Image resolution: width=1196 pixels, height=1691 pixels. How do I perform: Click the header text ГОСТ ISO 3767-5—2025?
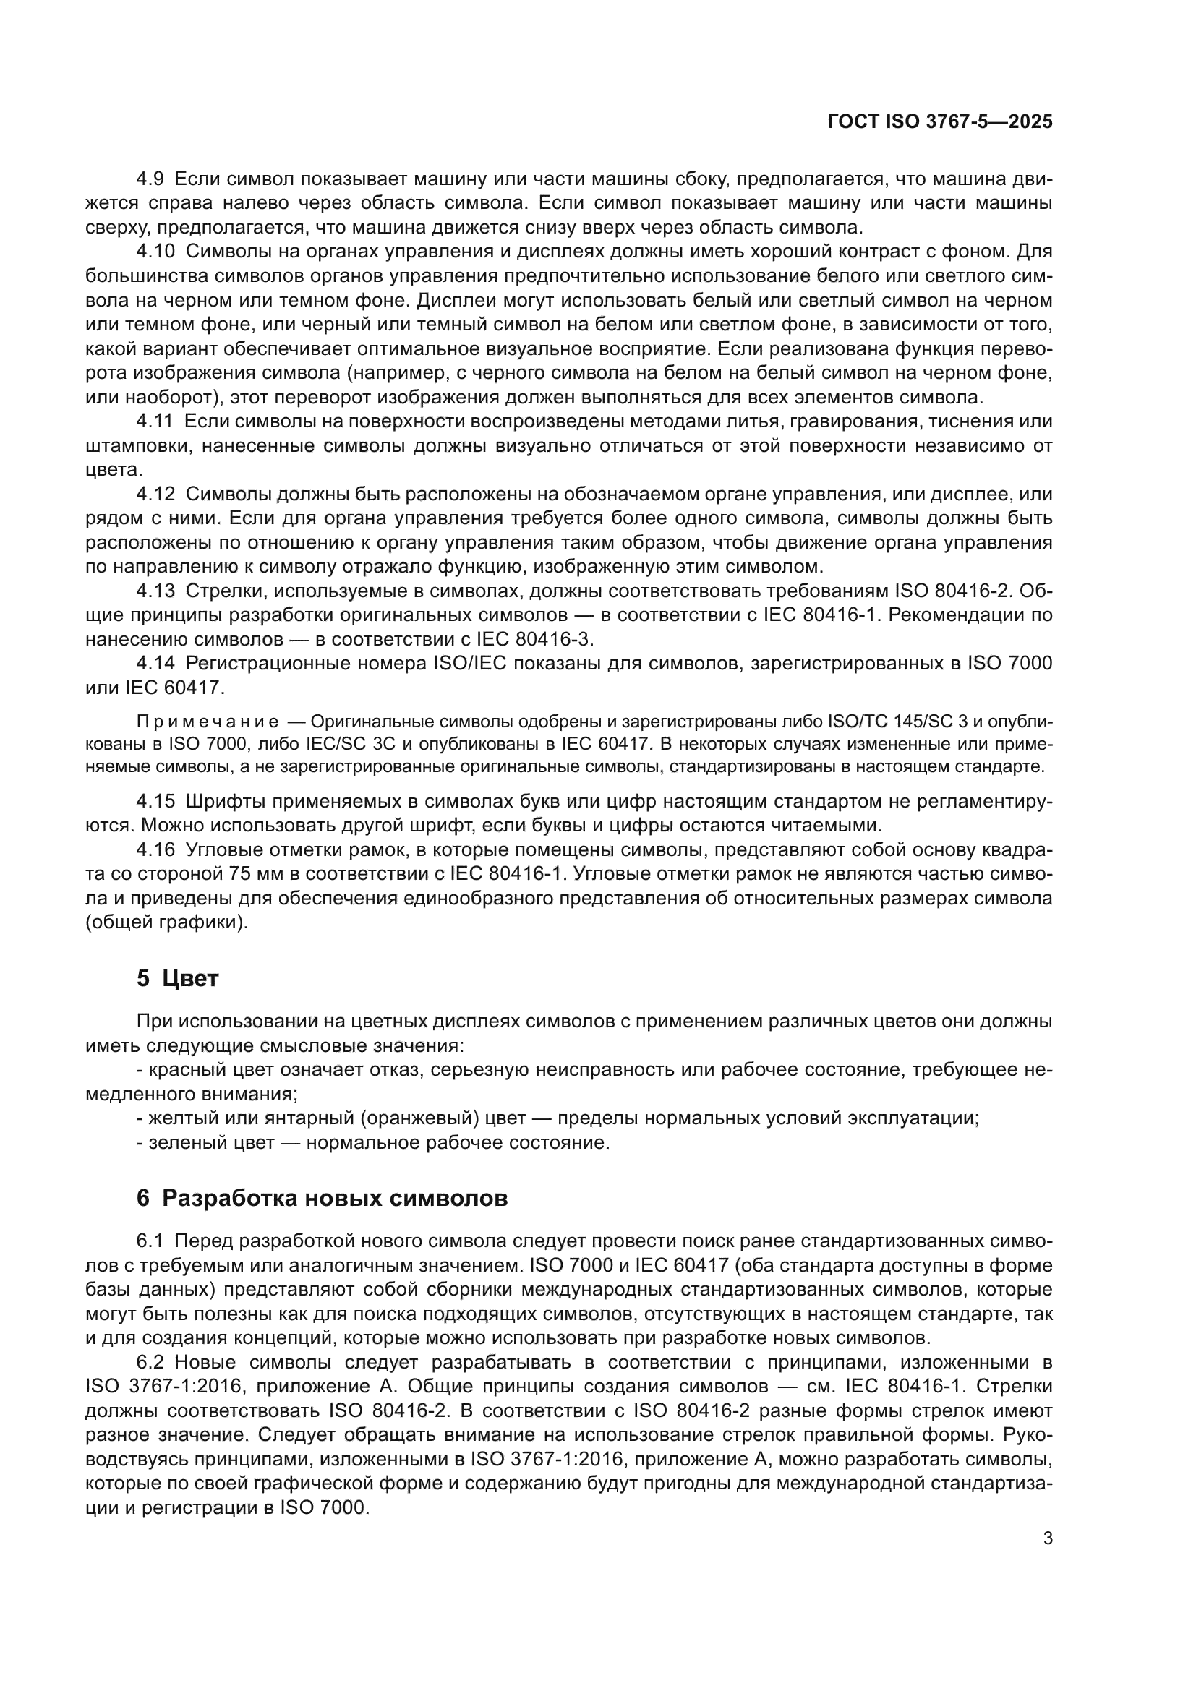pyautogui.click(x=940, y=122)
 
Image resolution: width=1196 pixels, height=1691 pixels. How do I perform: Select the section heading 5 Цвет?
pyautogui.click(x=177, y=979)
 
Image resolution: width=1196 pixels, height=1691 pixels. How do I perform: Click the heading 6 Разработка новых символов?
pyautogui.click(x=322, y=1198)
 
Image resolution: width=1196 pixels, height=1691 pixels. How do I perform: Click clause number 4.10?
pyautogui.click(x=155, y=252)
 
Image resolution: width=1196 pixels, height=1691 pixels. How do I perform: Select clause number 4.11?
pyautogui.click(x=155, y=422)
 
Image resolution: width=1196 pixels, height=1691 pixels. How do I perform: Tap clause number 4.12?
pyautogui.click(x=155, y=495)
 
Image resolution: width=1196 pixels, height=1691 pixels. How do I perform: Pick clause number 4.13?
pyautogui.click(x=155, y=591)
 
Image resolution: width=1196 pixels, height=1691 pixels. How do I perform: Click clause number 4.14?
pyautogui.click(x=155, y=664)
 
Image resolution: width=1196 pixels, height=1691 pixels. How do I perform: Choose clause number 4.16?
pyautogui.click(x=155, y=850)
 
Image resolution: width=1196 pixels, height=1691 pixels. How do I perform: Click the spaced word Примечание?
pyautogui.click(x=208, y=721)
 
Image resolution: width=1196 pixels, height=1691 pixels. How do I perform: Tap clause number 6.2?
pyautogui.click(x=150, y=1363)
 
